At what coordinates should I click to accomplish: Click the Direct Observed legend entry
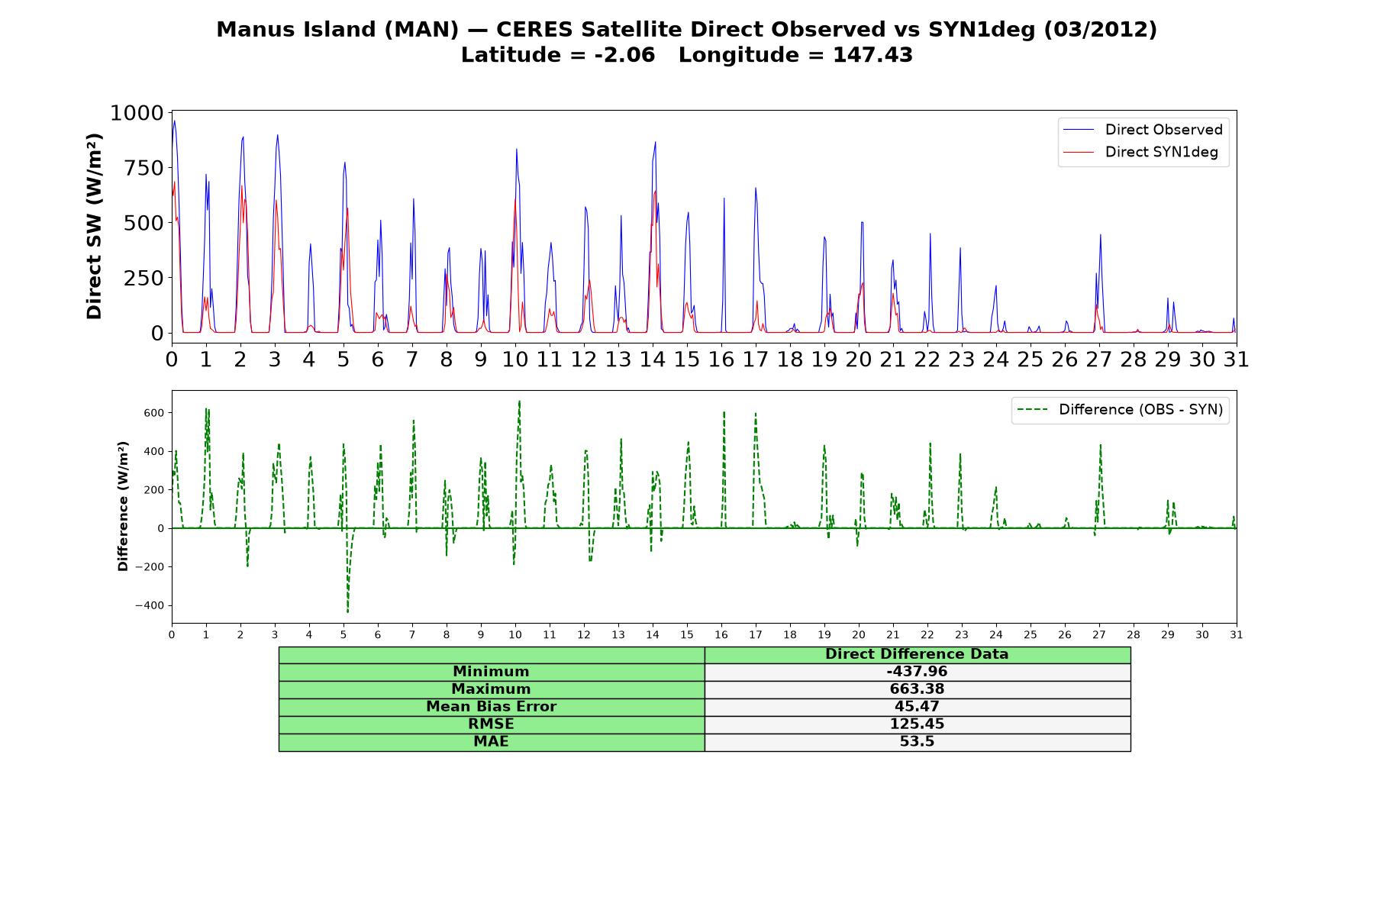point(1143,130)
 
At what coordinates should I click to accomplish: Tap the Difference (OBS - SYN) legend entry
point(1121,410)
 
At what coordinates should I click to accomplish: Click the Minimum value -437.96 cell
point(917,672)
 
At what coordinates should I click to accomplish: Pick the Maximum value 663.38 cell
point(917,689)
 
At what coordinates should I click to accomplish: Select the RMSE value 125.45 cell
point(917,724)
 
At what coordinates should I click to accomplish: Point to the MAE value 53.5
point(917,742)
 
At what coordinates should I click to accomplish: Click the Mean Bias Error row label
point(491,707)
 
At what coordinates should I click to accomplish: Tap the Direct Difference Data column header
point(917,654)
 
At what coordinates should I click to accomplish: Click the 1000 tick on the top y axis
point(137,113)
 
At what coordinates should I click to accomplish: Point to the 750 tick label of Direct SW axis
point(144,168)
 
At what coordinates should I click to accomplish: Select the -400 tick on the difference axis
point(150,606)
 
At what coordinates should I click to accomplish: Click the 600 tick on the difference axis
point(154,413)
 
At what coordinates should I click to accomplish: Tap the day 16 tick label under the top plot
point(721,359)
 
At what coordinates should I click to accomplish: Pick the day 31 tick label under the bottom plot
point(1237,634)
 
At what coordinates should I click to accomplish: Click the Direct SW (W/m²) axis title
point(94,226)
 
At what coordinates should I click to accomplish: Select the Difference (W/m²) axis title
point(123,506)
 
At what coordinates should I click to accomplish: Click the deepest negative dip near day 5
point(347,612)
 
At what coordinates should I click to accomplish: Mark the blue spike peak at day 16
point(724,198)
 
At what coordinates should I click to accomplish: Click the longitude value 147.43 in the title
point(873,55)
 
